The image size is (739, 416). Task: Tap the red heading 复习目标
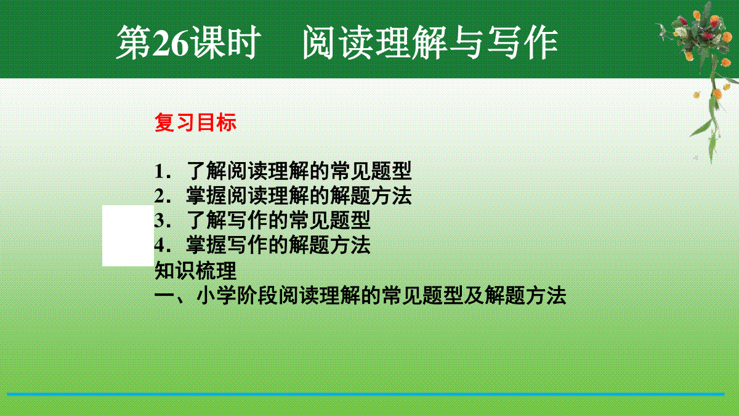point(195,123)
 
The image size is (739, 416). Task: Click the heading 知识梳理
point(195,271)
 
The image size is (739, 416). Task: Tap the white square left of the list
point(128,235)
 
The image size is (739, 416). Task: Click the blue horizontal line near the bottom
point(366,394)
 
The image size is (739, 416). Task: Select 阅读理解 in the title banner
point(375,43)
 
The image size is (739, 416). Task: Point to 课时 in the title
point(225,43)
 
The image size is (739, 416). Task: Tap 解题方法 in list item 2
point(371,195)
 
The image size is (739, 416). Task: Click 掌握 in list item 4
point(206,245)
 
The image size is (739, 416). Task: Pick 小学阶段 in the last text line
point(237,295)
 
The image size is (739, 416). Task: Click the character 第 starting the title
point(134,43)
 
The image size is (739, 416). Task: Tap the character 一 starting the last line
point(164,295)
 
